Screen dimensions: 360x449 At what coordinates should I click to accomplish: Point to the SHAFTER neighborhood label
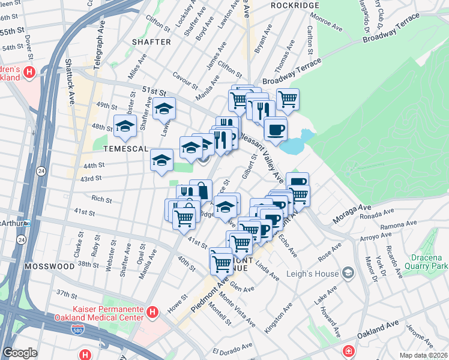click(148, 42)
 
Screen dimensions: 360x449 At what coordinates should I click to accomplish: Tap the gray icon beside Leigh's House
click(348, 274)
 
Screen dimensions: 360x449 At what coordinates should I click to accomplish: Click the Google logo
click(20, 353)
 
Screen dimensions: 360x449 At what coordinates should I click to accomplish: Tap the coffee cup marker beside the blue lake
click(276, 128)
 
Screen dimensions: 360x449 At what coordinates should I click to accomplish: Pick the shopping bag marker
click(201, 191)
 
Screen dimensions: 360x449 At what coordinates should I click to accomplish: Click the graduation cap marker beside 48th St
click(125, 125)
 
